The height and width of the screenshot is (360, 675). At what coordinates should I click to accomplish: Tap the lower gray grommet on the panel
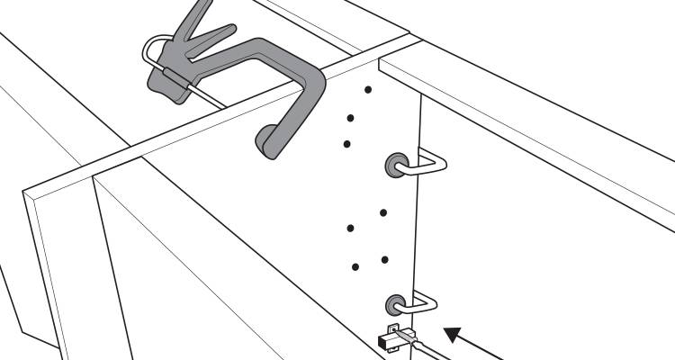pyautogui.click(x=395, y=303)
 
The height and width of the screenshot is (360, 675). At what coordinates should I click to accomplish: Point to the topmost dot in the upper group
pyautogui.click(x=368, y=89)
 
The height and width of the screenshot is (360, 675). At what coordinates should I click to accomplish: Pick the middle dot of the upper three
pyautogui.click(x=351, y=116)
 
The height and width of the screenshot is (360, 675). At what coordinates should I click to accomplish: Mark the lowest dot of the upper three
pyautogui.click(x=347, y=143)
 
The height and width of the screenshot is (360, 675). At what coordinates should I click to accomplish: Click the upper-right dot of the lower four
pyautogui.click(x=383, y=213)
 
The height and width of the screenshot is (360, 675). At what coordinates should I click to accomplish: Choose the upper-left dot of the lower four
pyautogui.click(x=350, y=226)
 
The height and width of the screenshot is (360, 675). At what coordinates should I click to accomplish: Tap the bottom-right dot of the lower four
pyautogui.click(x=384, y=260)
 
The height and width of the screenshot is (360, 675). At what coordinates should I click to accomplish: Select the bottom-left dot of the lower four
pyautogui.click(x=355, y=266)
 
